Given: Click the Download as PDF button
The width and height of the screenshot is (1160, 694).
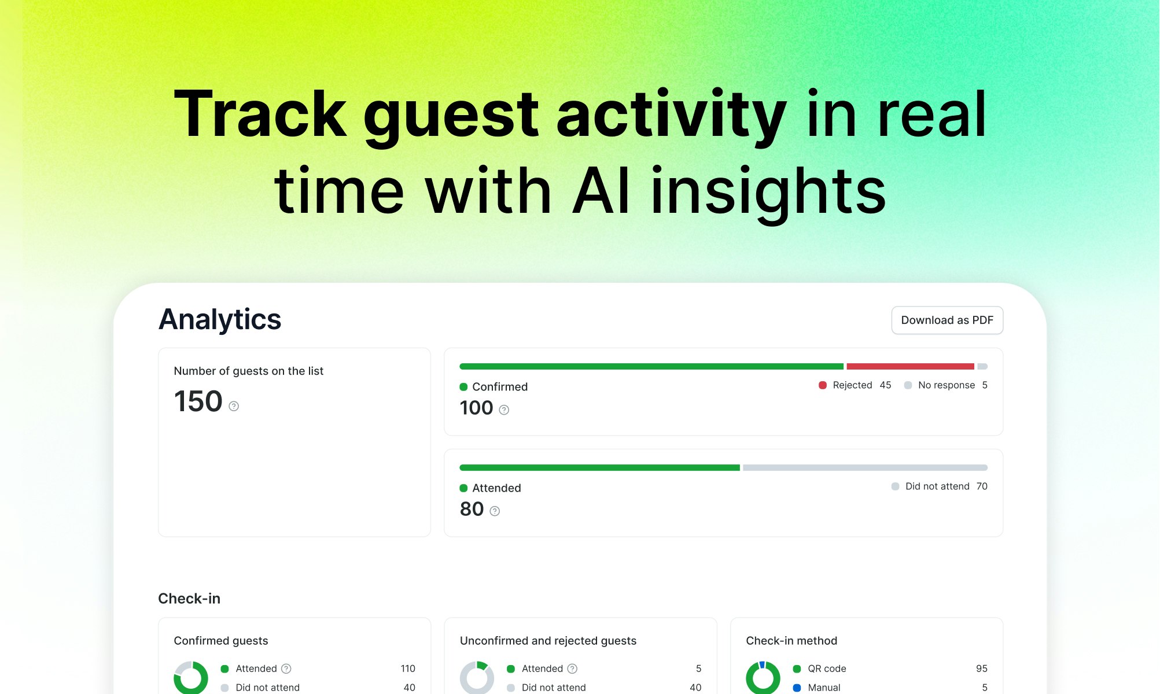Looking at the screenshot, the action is [947, 320].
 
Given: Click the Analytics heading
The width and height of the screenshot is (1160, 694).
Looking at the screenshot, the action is [220, 319].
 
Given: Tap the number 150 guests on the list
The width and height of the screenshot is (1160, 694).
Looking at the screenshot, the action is [198, 401].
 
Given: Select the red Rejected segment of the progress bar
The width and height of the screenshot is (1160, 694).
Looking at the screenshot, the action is [910, 366].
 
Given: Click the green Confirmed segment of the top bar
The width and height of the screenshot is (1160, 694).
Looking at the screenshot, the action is [651, 366].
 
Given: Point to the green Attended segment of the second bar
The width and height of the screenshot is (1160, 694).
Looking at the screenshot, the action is [599, 467].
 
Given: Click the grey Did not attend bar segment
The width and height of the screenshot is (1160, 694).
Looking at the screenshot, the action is [865, 467].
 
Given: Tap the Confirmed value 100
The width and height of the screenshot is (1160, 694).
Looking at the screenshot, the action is [476, 408].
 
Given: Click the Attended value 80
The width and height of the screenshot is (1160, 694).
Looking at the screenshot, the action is [472, 509].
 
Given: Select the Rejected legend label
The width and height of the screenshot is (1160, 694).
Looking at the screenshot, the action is [852, 385].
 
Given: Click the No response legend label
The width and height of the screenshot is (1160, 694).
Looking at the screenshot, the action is [947, 385].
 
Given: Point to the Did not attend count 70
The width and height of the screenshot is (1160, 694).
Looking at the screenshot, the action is [982, 486].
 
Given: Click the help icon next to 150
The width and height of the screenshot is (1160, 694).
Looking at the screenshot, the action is [234, 406].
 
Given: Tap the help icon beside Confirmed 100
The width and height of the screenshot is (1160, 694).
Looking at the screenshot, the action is [504, 410].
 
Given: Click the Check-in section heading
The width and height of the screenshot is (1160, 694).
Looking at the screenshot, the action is [189, 599].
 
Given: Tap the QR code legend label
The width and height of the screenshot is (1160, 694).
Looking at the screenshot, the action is [827, 669].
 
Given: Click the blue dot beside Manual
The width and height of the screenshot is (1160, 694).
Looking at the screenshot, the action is [797, 688].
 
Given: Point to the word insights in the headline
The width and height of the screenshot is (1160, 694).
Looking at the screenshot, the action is [768, 190].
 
